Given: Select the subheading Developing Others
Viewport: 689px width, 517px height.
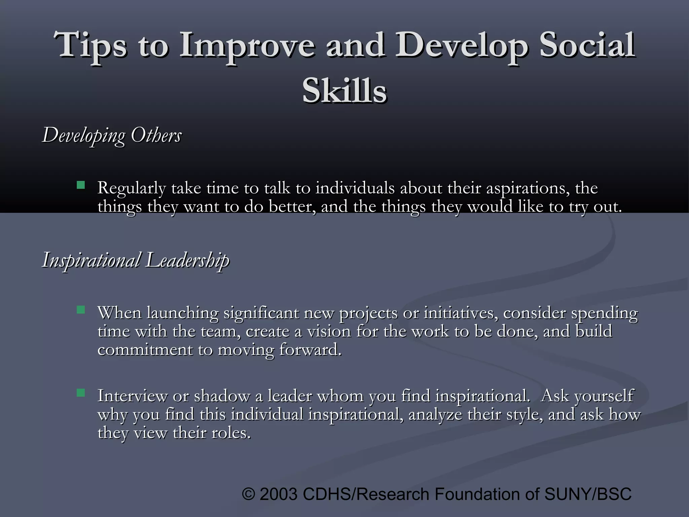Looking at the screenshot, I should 112,135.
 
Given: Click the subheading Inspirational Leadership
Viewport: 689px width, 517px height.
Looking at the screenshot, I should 136,260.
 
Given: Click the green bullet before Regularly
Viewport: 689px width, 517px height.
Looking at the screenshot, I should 81,185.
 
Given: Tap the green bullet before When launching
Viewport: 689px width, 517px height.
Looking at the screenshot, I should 81,310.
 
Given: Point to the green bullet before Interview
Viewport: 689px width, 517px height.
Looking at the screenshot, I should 81,392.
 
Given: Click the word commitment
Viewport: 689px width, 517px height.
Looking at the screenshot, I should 145,350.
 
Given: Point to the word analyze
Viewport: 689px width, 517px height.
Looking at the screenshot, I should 435,414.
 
